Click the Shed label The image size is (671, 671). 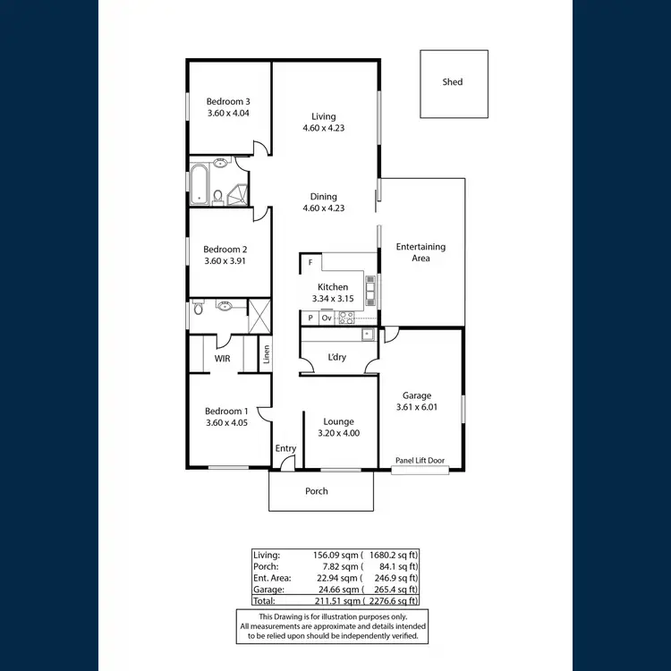pos(453,82)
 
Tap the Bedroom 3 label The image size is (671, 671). pos(228,101)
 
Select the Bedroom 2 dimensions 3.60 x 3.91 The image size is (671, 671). pos(225,261)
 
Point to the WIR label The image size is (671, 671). pos(223,359)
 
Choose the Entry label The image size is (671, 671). pos(285,448)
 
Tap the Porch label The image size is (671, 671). pos(317,491)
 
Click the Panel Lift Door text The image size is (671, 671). pos(420,461)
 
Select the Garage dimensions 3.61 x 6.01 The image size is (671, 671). pos(417,407)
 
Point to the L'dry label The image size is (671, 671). pos(336,357)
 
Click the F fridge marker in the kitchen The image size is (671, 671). pos(310,263)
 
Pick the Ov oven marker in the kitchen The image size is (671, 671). pos(327,318)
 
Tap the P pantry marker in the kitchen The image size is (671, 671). pos(310,318)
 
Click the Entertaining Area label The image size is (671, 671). pos(420,252)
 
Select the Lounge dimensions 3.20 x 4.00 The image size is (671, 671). pos(338,433)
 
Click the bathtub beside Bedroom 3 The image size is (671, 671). pos(199,184)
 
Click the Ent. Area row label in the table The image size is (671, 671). pos(272,578)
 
